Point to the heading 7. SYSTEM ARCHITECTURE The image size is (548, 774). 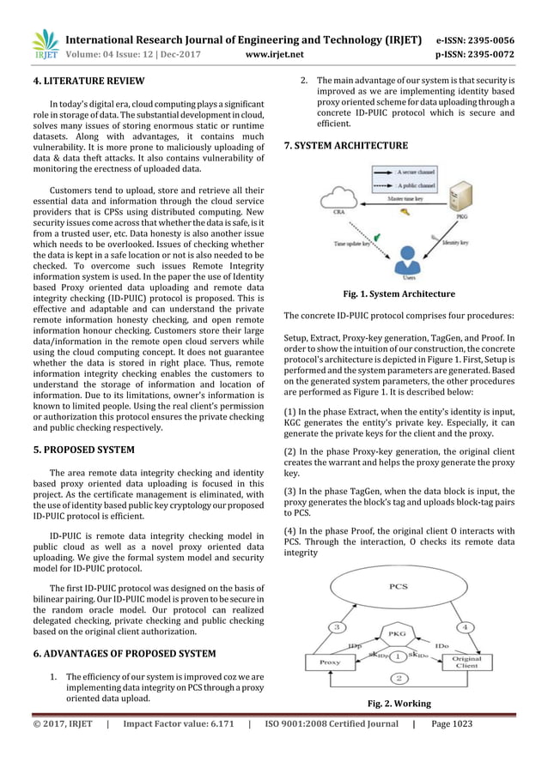point(345,147)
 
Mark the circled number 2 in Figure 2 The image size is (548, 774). point(398,679)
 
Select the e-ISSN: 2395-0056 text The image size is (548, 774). point(487,40)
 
